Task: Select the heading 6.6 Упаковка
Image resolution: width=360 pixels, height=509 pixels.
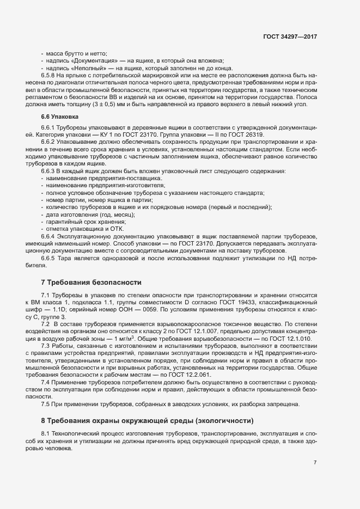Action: (x=60, y=117)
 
